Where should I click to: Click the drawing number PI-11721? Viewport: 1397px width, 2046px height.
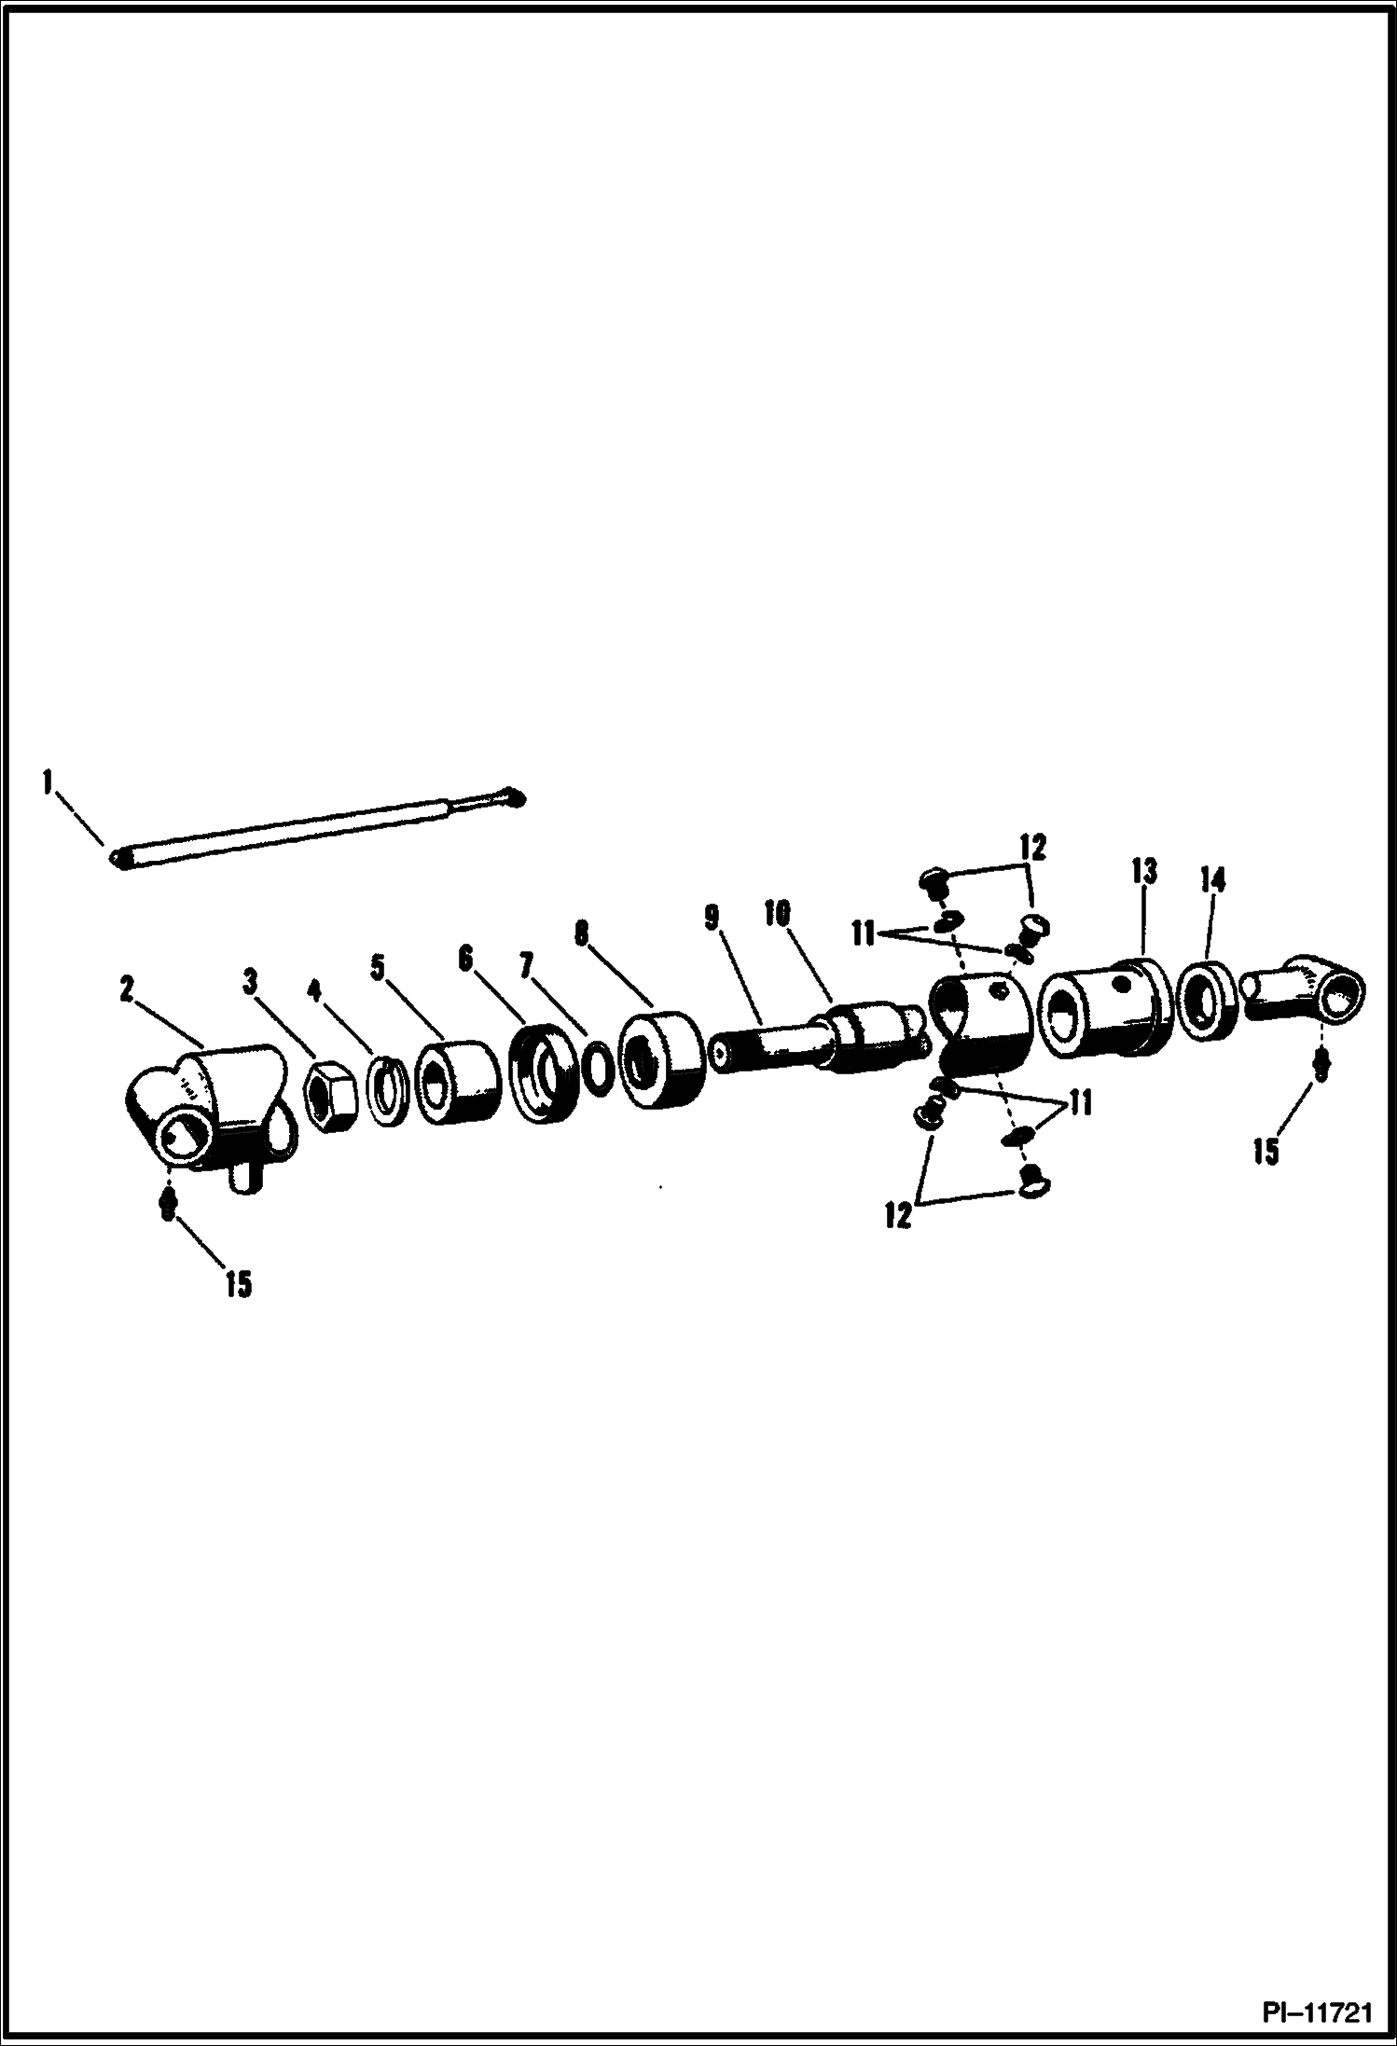click(x=1317, y=2013)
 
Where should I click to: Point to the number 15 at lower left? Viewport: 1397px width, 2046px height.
click(x=238, y=1284)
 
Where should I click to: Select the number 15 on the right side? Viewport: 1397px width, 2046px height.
click(x=1266, y=1152)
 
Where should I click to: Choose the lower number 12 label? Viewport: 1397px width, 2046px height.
click(x=897, y=1217)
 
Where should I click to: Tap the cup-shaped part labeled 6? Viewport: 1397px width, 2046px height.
click(x=545, y=1073)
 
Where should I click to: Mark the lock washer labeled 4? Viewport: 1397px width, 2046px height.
click(x=387, y=1085)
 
